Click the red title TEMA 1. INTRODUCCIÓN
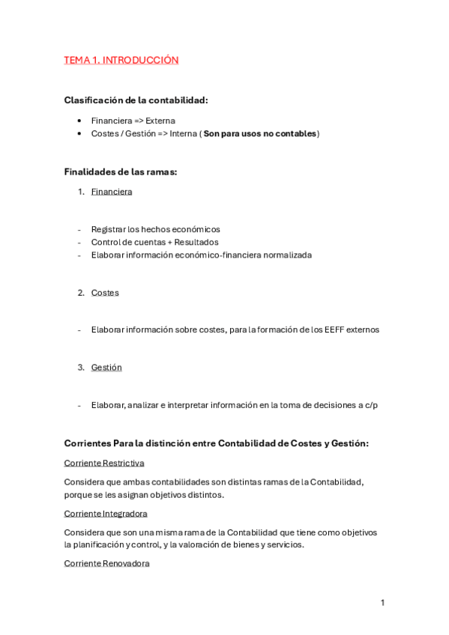point(121,60)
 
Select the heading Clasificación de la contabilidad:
point(136,100)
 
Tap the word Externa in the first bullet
point(160,120)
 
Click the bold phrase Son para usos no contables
point(259,133)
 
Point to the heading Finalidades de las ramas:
point(121,171)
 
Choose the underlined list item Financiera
point(112,191)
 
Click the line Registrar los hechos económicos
point(155,229)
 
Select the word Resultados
point(194,242)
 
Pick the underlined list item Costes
point(105,292)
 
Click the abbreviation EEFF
point(333,329)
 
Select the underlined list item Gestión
point(106,367)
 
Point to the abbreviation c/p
point(370,405)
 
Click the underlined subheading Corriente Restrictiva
point(104,463)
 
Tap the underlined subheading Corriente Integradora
point(106,513)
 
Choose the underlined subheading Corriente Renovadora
point(106,563)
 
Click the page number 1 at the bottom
point(382,603)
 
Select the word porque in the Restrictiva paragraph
point(79,494)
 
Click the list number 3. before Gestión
point(81,367)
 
